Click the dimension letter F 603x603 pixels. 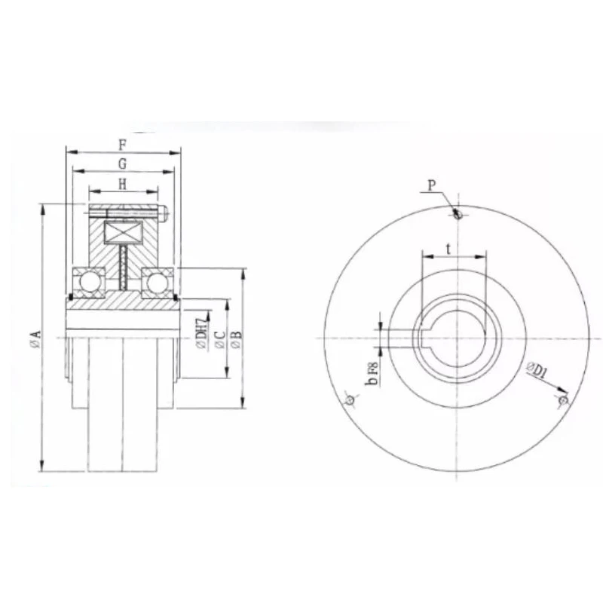click(122, 145)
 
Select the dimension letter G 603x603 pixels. click(122, 164)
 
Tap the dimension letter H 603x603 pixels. click(122, 185)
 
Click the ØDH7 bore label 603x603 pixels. click(202, 335)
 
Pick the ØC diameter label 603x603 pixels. click(220, 339)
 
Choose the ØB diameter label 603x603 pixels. click(237, 339)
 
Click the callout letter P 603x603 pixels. click(432, 185)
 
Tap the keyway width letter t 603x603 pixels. click(448, 249)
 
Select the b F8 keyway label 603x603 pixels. click(372, 373)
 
